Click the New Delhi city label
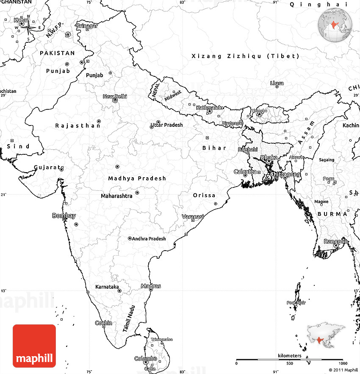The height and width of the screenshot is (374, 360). (x=115, y=97)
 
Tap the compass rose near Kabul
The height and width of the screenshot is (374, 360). (x=28, y=28)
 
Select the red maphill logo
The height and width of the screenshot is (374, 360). (x=34, y=346)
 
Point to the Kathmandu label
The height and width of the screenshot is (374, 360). (x=209, y=108)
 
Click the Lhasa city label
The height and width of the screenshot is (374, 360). (x=277, y=83)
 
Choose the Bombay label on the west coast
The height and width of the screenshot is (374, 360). (x=64, y=216)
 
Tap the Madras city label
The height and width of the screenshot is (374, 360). (x=151, y=286)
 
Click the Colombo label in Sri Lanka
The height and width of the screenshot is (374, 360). (x=146, y=359)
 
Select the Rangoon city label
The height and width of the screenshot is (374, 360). (x=335, y=241)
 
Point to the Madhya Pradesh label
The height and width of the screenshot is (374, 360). (x=137, y=179)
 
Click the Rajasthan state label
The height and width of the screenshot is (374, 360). (x=78, y=126)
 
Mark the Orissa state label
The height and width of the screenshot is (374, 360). (x=204, y=195)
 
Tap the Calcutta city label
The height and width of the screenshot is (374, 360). (x=245, y=172)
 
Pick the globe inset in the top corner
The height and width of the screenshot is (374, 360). (x=335, y=25)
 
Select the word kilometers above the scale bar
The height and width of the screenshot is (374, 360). (x=289, y=355)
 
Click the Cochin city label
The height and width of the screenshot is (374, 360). (x=103, y=323)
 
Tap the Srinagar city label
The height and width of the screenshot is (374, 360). (x=87, y=26)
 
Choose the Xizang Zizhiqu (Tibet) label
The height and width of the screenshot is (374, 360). (x=245, y=56)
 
